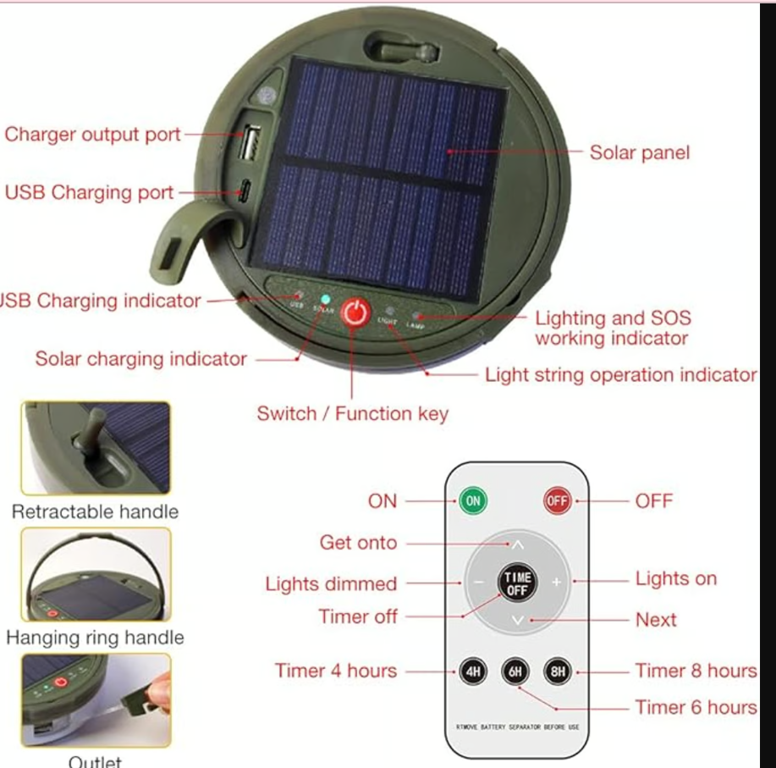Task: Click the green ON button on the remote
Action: point(473,500)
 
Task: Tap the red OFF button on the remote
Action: point(556,500)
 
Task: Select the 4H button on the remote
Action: point(473,672)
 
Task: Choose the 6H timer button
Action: point(515,672)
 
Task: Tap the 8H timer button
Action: point(557,672)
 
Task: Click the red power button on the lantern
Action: point(356,312)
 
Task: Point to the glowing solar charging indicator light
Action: point(326,299)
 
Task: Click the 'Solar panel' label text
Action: point(639,153)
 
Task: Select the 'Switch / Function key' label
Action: point(352,414)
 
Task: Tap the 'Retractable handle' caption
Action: point(95,511)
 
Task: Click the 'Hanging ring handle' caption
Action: point(95,638)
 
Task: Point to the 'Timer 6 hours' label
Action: point(696,707)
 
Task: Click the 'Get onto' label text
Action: point(358,543)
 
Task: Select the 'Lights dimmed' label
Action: point(331,584)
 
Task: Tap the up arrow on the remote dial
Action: point(517,544)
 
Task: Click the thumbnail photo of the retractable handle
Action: point(96,448)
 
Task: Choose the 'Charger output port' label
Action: point(93,135)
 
